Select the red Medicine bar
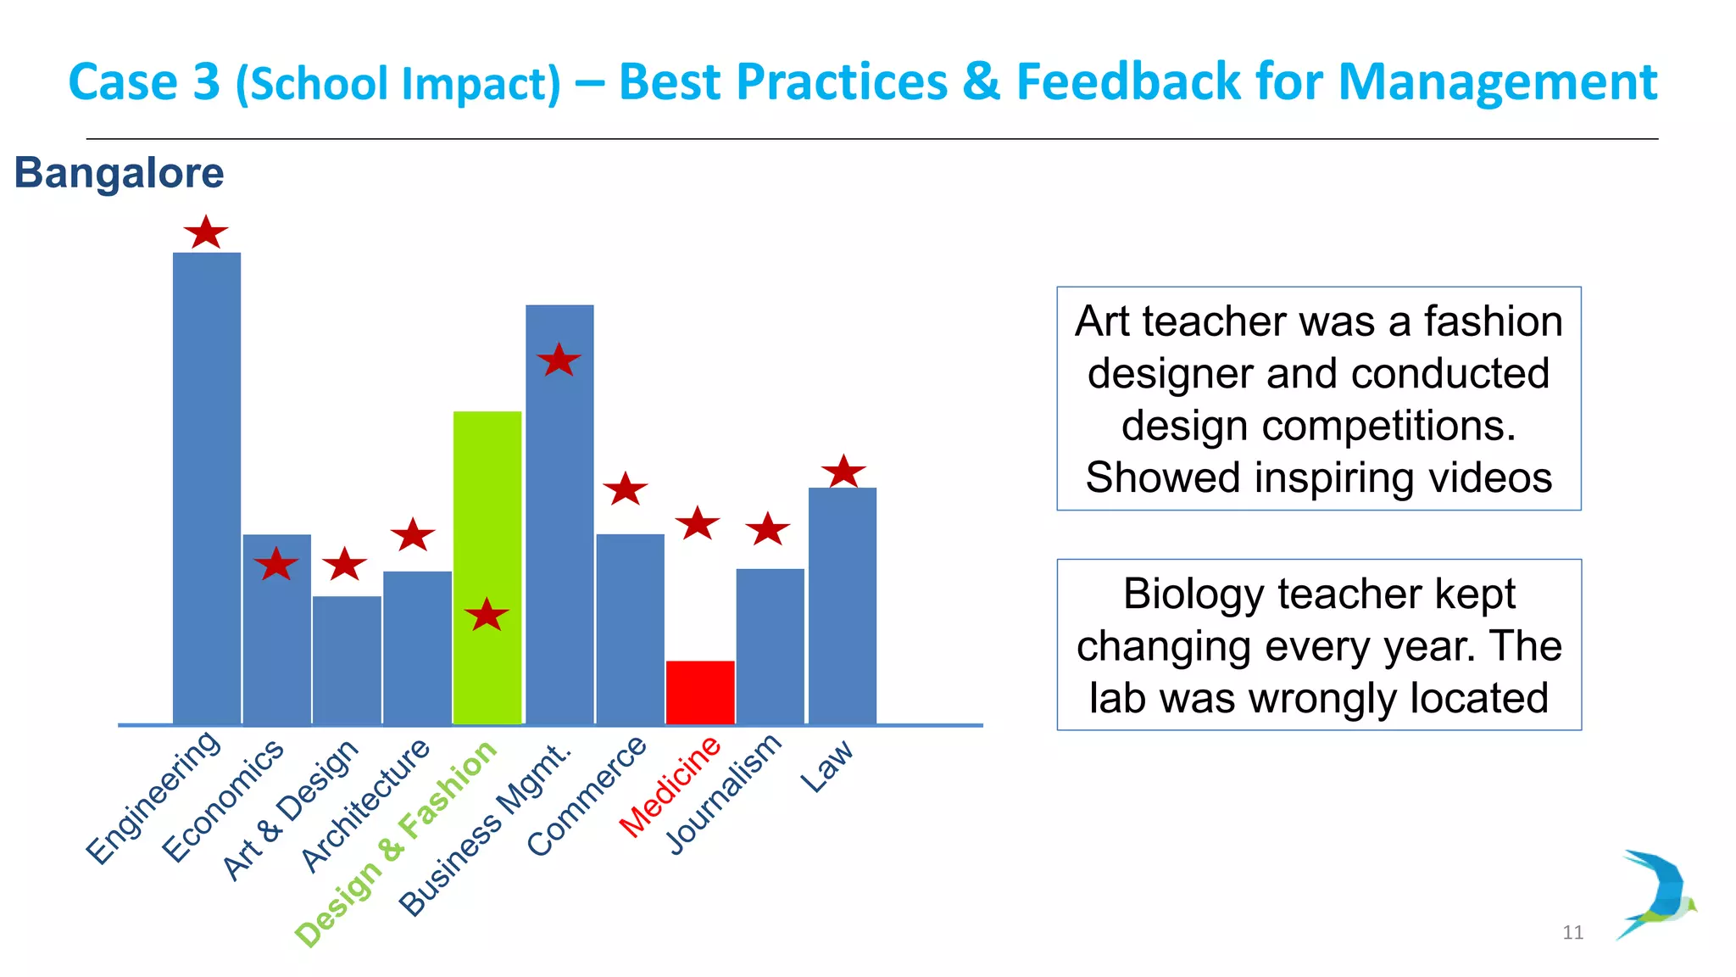pyautogui.click(x=700, y=692)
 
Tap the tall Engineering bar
pyautogui.click(x=207, y=488)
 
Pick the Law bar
pyautogui.click(x=843, y=606)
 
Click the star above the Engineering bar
pyautogui.click(x=206, y=232)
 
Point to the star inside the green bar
pyautogui.click(x=487, y=615)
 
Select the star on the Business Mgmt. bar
pyautogui.click(x=559, y=361)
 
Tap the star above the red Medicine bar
pyautogui.click(x=698, y=524)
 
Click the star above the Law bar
pyautogui.click(x=843, y=472)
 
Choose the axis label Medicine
pyautogui.click(x=670, y=786)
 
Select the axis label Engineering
pyautogui.click(x=154, y=797)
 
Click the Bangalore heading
pyautogui.click(x=119, y=173)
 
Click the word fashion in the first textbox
pyautogui.click(x=1492, y=321)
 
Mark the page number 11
pyautogui.click(x=1572, y=933)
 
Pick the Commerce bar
pyautogui.click(x=630, y=628)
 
